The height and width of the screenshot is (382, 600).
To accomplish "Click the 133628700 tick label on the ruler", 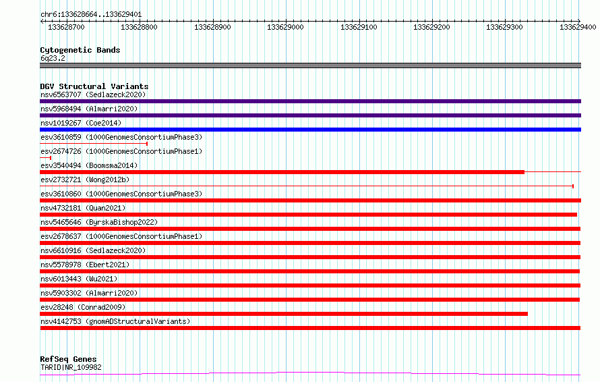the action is click(66, 27).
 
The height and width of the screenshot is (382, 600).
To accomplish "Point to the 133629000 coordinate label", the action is click(285, 27).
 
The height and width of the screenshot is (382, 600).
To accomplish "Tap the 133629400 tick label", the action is click(578, 27).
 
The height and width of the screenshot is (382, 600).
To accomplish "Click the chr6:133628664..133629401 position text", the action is click(91, 15).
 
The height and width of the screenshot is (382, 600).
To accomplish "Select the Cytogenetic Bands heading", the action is click(80, 50).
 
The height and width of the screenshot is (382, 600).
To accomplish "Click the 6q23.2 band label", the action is click(53, 58).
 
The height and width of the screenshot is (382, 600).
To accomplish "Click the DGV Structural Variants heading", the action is click(94, 86).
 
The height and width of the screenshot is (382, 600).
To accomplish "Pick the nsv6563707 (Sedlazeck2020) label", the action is click(93, 94).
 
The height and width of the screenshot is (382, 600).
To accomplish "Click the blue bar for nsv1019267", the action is click(310, 130).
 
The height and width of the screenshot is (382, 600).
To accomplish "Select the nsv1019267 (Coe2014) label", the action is click(81, 123).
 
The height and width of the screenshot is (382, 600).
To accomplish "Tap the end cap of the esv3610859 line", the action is click(147, 144).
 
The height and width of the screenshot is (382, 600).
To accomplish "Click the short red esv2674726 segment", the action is click(46, 158).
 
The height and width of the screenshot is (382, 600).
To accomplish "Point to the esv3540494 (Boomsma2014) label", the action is click(89, 165).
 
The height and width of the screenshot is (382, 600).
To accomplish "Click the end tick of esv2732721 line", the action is click(573, 186).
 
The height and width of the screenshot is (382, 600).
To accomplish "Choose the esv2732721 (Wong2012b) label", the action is click(85, 180).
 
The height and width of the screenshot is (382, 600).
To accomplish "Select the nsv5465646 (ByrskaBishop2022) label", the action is click(99, 222).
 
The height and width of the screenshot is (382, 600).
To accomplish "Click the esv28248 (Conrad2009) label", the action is click(83, 307).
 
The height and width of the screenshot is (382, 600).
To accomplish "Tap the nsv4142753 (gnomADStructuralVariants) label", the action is click(115, 321).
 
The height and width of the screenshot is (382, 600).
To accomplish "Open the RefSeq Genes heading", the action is click(68, 359).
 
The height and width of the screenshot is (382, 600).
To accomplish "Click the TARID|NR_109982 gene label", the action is click(71, 367).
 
